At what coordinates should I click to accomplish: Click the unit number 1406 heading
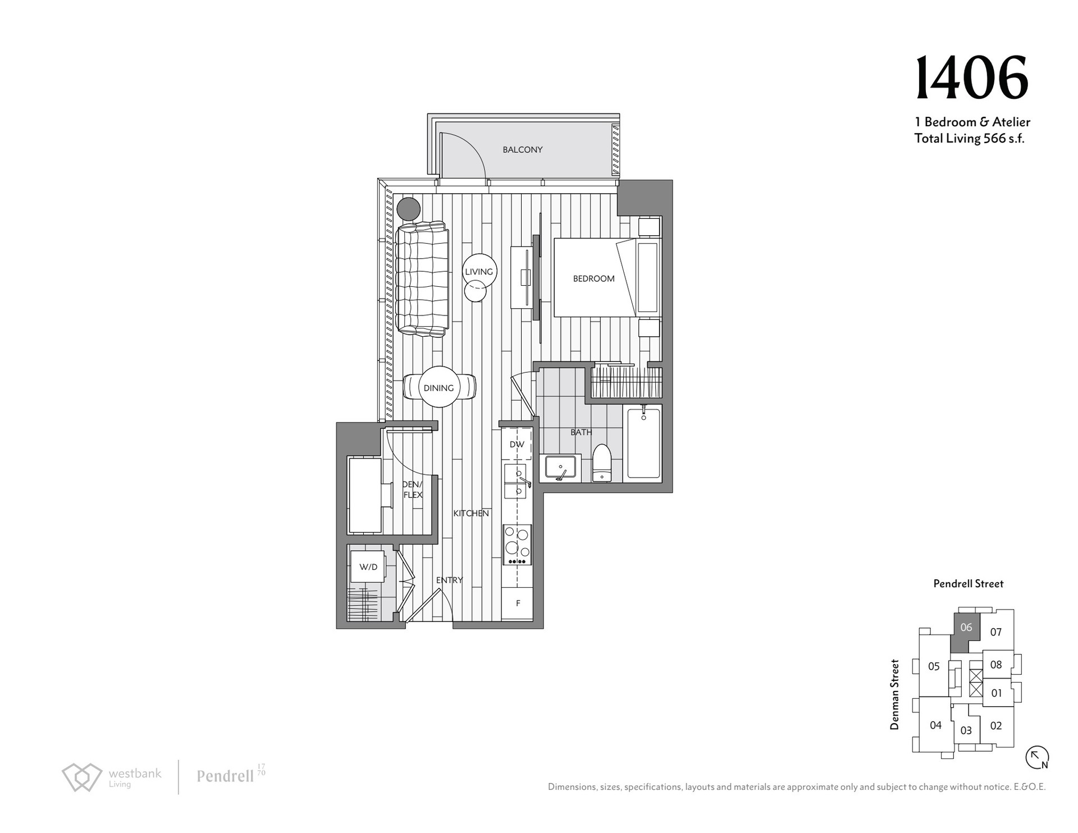972,78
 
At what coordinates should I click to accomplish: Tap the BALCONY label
522,150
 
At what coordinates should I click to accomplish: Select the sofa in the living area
422,279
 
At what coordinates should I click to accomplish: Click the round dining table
439,387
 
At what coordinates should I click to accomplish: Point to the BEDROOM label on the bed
593,278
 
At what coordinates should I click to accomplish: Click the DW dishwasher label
517,445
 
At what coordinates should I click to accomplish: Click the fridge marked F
518,603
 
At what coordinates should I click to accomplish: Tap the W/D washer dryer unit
368,567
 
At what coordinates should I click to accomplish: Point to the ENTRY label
449,580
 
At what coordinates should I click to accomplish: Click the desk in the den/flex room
366,495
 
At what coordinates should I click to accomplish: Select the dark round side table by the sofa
408,209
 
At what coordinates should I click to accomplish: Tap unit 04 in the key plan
935,725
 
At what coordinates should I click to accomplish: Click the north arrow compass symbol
1037,757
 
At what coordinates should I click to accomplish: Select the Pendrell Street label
969,584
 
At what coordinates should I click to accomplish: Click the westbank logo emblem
82,777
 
